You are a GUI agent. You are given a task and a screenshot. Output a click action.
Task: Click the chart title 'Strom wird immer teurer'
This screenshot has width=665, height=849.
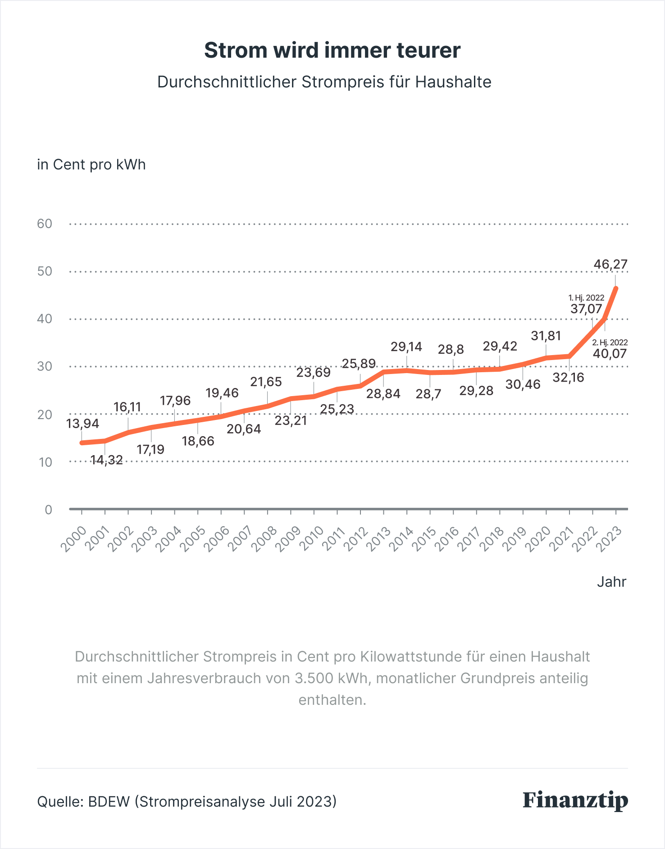(332, 50)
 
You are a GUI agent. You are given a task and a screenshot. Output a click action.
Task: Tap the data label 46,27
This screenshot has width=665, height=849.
(610, 264)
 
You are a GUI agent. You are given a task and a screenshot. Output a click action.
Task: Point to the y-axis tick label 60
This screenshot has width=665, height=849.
(45, 224)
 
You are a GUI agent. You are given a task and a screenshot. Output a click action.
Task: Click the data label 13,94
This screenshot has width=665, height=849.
(82, 424)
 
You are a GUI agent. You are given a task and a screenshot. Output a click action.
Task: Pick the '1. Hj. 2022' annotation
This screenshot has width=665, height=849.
(586, 298)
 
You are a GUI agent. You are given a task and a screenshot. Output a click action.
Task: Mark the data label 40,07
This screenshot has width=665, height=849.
(610, 354)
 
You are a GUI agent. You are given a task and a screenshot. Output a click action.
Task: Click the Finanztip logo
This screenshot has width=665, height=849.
(575, 800)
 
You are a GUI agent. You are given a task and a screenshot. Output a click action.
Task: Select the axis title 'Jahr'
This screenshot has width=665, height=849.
(611, 582)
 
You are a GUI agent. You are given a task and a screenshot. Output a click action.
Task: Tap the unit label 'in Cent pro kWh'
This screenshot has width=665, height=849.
(91, 164)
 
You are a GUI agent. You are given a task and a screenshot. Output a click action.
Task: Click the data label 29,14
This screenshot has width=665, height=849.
(406, 347)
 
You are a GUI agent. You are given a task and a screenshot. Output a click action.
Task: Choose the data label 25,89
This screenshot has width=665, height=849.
(359, 363)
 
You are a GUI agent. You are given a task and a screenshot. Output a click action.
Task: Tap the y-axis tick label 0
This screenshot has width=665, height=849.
(48, 510)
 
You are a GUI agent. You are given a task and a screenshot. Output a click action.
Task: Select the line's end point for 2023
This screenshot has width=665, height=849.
(615, 288)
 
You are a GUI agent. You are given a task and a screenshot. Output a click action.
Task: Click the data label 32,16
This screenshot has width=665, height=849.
(568, 378)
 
